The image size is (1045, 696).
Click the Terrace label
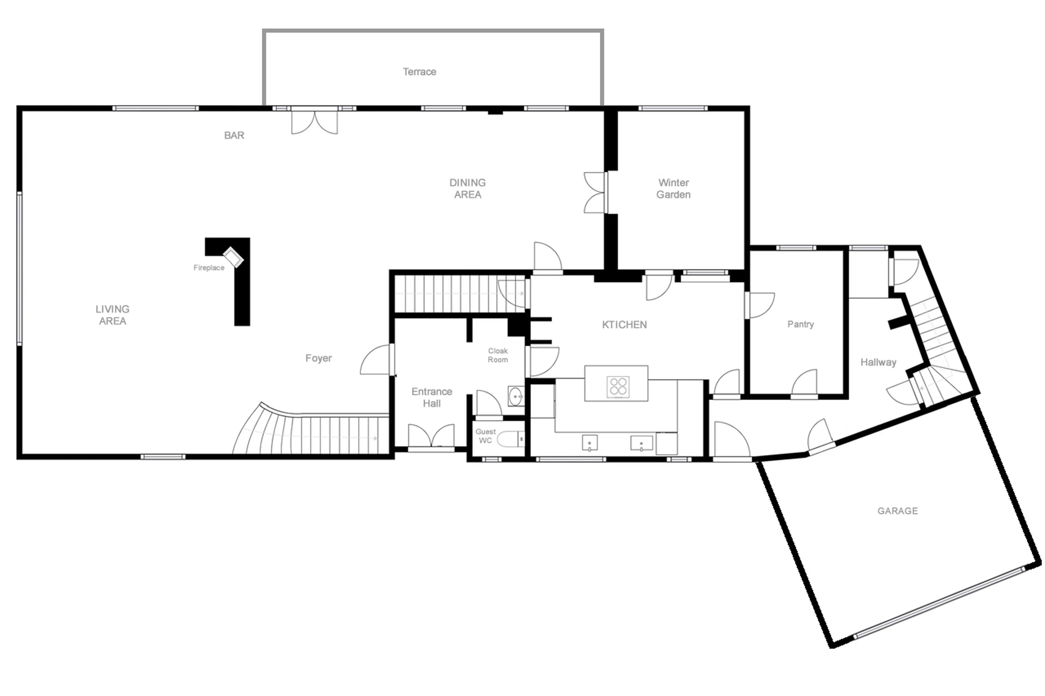(x=419, y=72)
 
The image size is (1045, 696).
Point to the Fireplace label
(x=209, y=268)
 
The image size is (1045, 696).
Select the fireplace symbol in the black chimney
(x=233, y=256)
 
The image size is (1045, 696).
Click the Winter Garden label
(x=673, y=189)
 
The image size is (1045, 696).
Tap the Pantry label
(x=800, y=324)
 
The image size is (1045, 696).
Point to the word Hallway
(x=878, y=362)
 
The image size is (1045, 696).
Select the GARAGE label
(x=897, y=511)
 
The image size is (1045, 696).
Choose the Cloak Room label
(x=497, y=355)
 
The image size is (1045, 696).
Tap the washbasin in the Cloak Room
(x=515, y=396)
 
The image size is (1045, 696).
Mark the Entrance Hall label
(x=431, y=397)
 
